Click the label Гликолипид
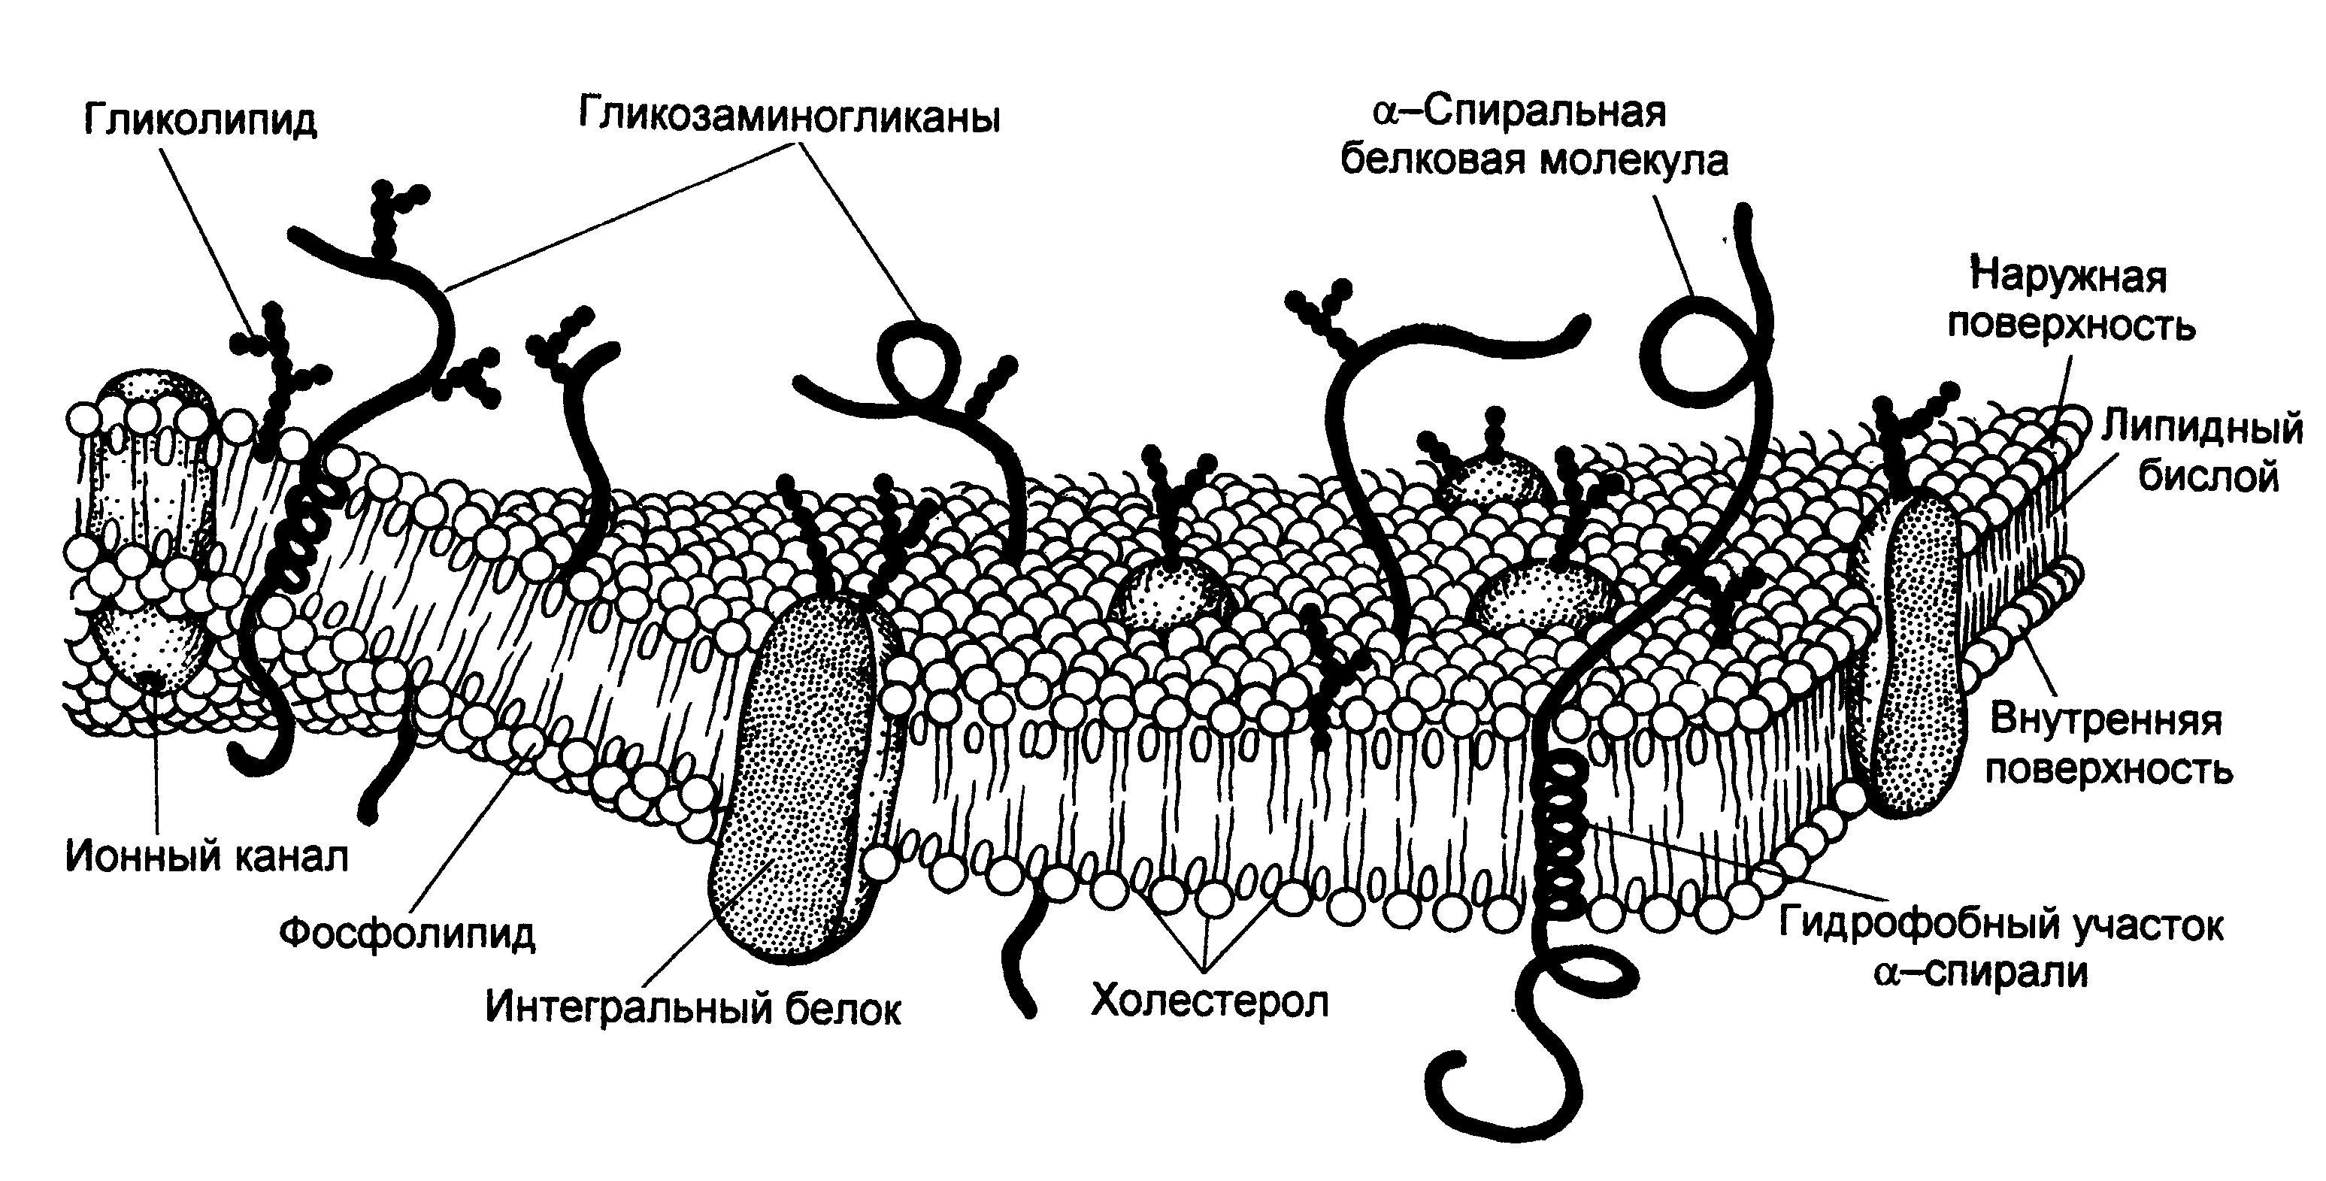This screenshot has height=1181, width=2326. (x=201, y=121)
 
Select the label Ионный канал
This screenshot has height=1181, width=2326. (x=207, y=857)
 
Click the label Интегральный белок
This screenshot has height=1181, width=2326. (x=693, y=1007)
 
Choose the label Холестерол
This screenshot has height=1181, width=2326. (x=1210, y=1001)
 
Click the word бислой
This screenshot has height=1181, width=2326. (x=2208, y=475)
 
